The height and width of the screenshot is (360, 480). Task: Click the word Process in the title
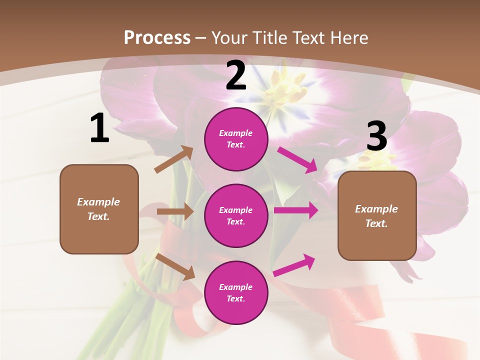157,37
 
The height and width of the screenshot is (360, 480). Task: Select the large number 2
236,75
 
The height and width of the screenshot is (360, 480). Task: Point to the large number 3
376,136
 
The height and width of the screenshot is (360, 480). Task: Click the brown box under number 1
99,209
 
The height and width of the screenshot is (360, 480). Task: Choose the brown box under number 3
377,216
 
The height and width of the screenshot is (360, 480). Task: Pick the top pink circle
236,139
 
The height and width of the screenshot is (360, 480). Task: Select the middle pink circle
236,215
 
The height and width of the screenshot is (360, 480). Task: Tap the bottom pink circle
236,292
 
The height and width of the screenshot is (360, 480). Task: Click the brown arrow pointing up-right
174,159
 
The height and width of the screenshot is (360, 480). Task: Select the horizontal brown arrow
175,211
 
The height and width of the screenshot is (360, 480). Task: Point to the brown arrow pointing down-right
175,266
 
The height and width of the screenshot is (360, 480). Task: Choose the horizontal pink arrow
296,210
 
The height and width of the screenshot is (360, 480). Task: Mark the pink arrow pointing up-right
294,265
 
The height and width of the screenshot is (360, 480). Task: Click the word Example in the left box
98,202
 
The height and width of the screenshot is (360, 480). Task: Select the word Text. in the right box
376,223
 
